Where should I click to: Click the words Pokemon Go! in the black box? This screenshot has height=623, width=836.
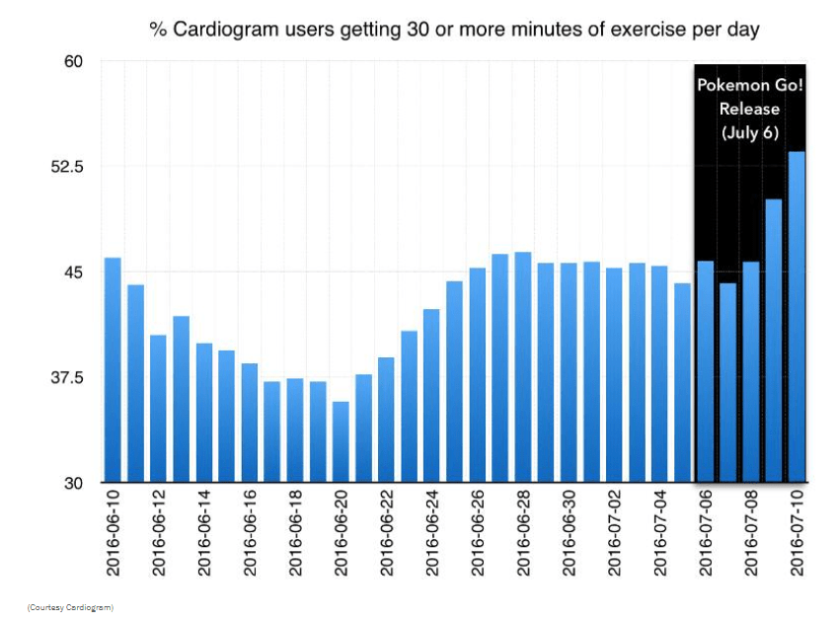pyautogui.click(x=751, y=85)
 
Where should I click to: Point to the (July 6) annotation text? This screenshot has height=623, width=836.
pyautogui.click(x=750, y=132)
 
